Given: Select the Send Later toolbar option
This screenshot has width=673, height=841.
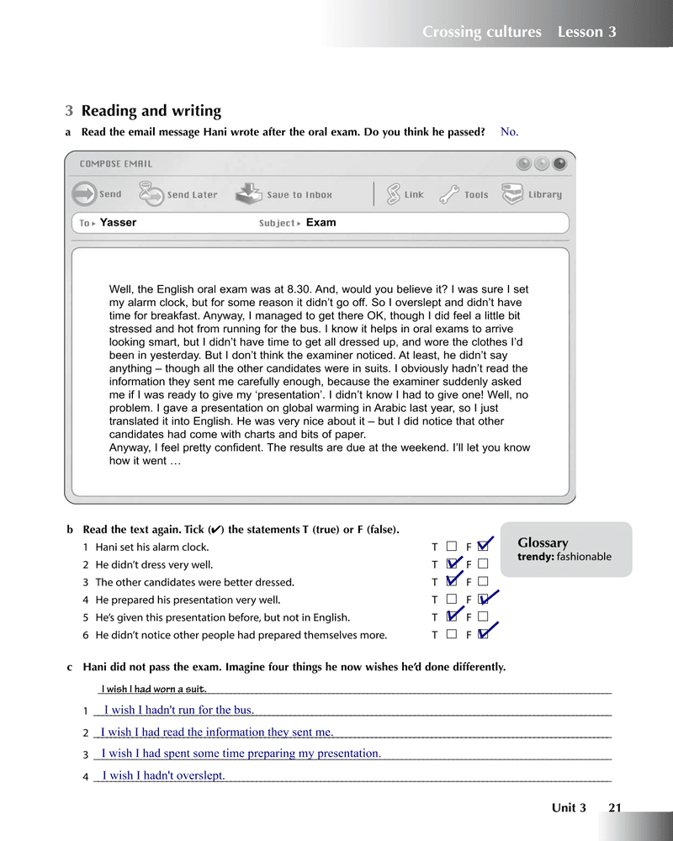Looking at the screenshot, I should pyautogui.click(x=178, y=194).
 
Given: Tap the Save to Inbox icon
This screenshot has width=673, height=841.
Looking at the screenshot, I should pyautogui.click(x=284, y=194).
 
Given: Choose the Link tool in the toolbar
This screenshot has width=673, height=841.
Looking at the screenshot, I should pyautogui.click(x=405, y=194).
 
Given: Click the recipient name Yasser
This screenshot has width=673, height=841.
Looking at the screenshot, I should pyautogui.click(x=118, y=223).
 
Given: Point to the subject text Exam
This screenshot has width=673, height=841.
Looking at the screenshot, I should pyautogui.click(x=321, y=223).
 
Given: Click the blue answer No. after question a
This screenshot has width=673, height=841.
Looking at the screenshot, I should pyautogui.click(x=509, y=132).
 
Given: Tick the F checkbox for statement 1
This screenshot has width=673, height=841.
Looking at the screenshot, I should pyautogui.click(x=482, y=547).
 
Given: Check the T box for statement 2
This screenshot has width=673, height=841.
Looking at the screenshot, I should pyautogui.click(x=453, y=564).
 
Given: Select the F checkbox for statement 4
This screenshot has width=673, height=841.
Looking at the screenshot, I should pyautogui.click(x=482, y=600).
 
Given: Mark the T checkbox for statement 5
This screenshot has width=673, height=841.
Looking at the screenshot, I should pyautogui.click(x=453, y=617).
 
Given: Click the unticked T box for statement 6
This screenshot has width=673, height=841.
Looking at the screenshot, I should pyautogui.click(x=452, y=635).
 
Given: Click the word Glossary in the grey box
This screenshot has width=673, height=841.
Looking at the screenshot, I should pyautogui.click(x=543, y=542).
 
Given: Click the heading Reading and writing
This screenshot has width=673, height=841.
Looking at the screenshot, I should pyautogui.click(x=151, y=111).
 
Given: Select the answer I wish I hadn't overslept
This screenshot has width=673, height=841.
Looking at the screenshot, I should pyautogui.click(x=163, y=775).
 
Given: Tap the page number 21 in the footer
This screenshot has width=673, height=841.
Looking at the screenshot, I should pyautogui.click(x=614, y=808).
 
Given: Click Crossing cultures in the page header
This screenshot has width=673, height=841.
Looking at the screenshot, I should pyautogui.click(x=481, y=32).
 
